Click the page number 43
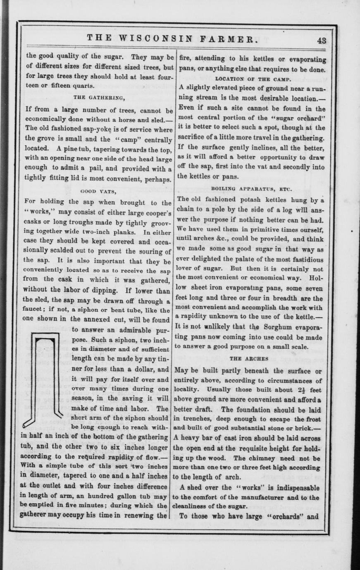[322, 41]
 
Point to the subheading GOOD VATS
[98, 191]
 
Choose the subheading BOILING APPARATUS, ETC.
[251, 189]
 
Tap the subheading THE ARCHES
[249, 358]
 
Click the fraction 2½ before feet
[300, 389]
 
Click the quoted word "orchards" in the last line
[287, 516]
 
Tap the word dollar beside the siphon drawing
[148, 369]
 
